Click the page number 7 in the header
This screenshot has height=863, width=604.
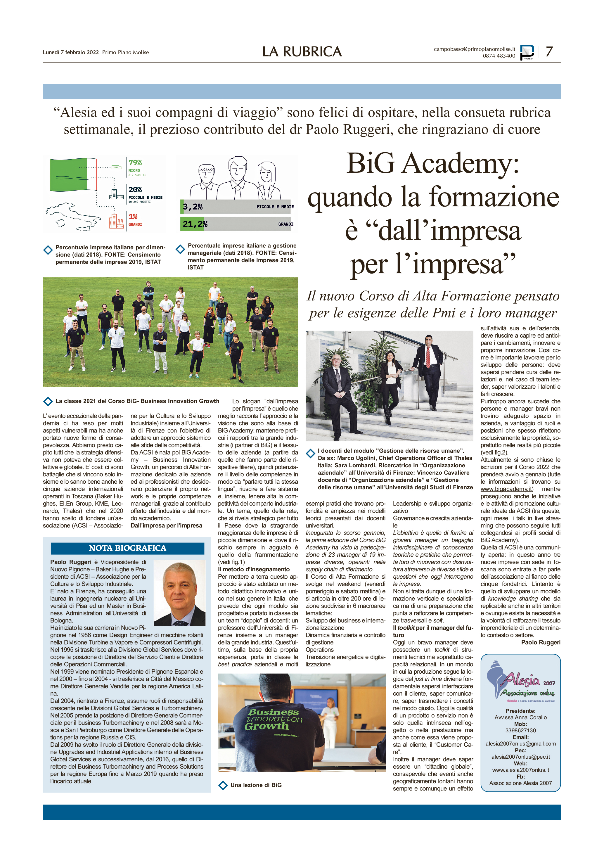pyautogui.click(x=549, y=51)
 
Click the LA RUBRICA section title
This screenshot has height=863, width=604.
pyautogui.click(x=302, y=52)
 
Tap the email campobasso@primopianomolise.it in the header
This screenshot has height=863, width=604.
pyautogui.click(x=474, y=49)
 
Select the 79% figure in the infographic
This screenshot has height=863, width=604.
pyautogui.click(x=135, y=162)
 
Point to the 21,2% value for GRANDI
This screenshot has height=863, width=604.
pyautogui.click(x=195, y=224)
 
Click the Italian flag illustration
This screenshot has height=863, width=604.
pyautogui.click(x=74, y=175)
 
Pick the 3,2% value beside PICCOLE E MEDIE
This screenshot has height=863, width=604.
pyautogui.click(x=193, y=207)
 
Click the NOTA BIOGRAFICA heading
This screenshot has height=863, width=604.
pyautogui.click(x=127, y=548)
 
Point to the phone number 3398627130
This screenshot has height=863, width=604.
pyautogui.click(x=520, y=730)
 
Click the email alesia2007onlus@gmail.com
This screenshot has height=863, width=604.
pyautogui.click(x=520, y=743)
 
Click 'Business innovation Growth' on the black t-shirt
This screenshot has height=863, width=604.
pyautogui.click(x=274, y=719)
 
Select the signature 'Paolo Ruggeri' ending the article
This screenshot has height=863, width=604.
pyautogui.click(x=541, y=642)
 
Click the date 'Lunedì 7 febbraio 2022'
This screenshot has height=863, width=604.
pyautogui.click(x=71, y=52)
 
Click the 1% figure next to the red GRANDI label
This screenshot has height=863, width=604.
pyautogui.click(x=133, y=217)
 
